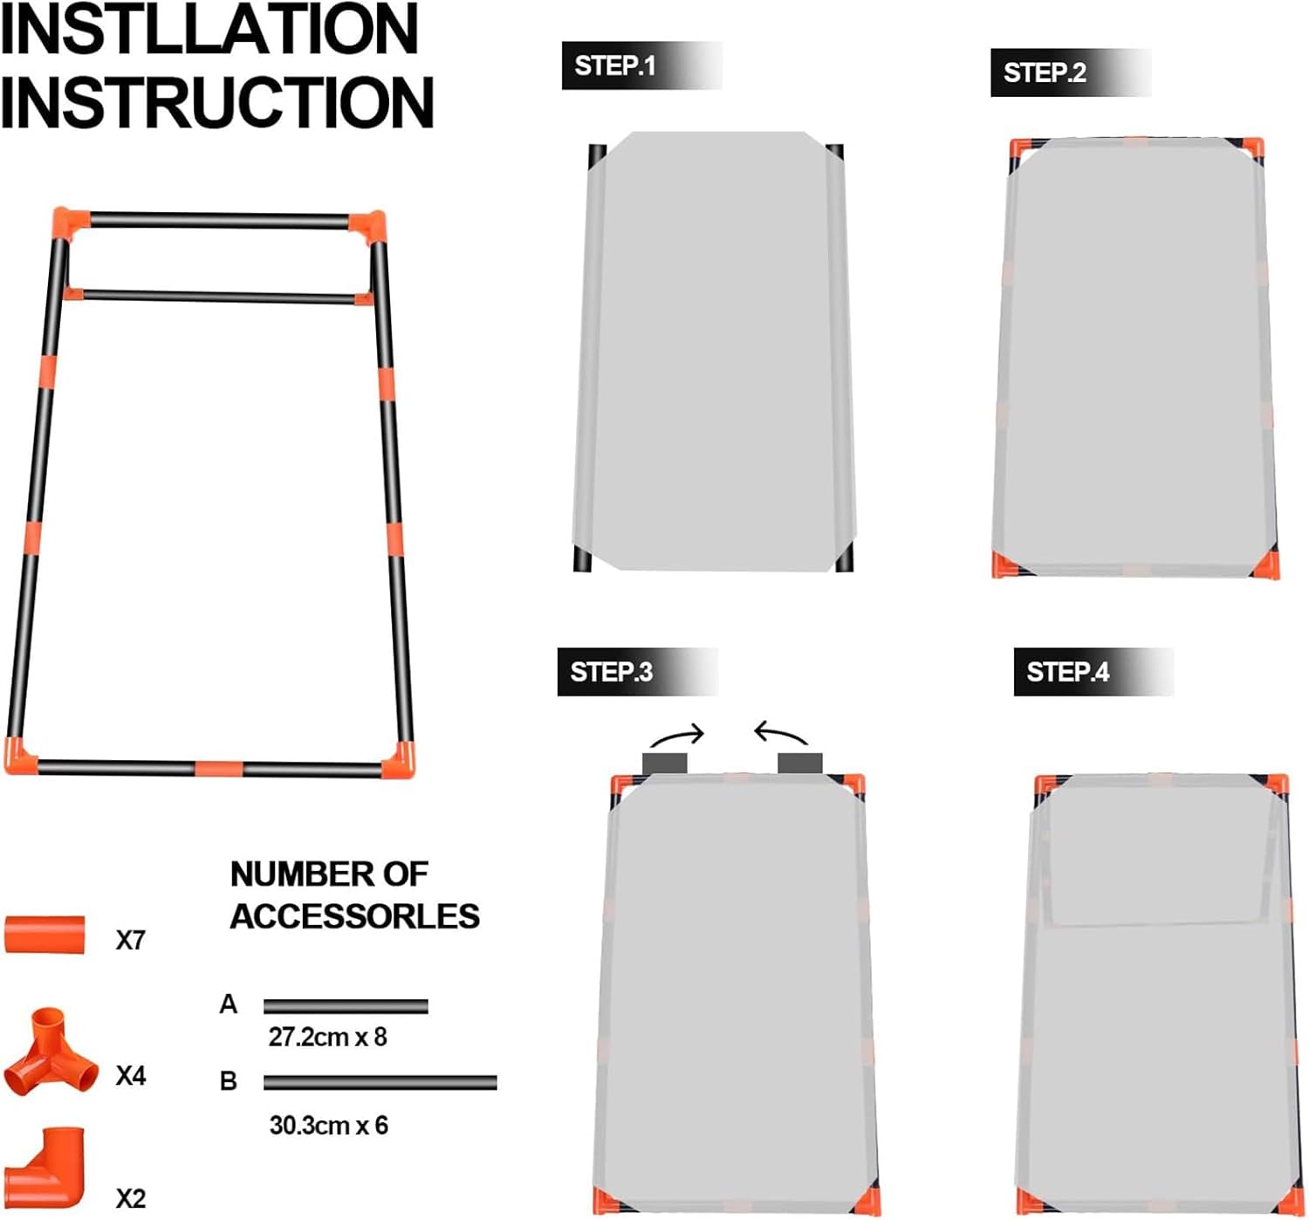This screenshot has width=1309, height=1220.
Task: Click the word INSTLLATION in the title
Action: coord(209,30)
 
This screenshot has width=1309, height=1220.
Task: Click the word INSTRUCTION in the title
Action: coord(216,102)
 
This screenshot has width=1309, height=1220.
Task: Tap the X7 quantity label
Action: coord(131,941)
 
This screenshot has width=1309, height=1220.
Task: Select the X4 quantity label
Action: coord(131,1076)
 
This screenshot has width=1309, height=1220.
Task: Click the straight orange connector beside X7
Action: coord(45,935)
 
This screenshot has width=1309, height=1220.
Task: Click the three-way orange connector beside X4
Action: coord(50,1054)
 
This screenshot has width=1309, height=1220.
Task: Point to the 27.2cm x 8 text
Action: coord(327,1038)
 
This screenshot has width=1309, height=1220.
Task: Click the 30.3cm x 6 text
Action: coord(328,1126)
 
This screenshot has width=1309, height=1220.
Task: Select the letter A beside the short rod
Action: coord(228,1004)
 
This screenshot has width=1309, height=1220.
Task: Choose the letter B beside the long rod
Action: coord(228,1081)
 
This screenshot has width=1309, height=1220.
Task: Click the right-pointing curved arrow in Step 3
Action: coord(677,732)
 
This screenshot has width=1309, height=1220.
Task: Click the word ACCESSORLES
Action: coord(354,916)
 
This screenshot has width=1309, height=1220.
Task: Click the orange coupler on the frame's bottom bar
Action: coord(219,769)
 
